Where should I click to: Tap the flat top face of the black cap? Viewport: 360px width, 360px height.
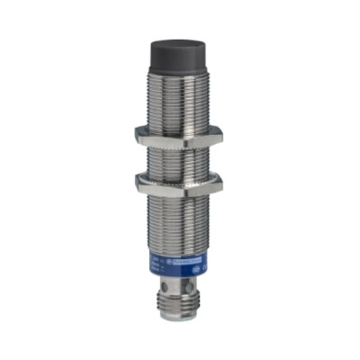point(180,40)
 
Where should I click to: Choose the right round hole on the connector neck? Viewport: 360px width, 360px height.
point(190,287)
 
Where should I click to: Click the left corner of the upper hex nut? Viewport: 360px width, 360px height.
point(138,134)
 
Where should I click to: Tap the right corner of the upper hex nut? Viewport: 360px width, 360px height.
point(220,134)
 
